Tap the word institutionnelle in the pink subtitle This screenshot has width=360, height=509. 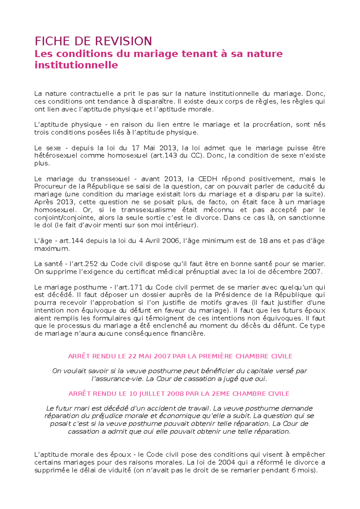tap(76, 65)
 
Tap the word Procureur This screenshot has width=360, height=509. tap(49, 187)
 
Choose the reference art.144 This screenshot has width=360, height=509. tap(72, 241)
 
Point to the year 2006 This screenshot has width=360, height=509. tap(169, 241)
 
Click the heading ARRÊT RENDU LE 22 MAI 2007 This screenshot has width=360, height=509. tap(180, 356)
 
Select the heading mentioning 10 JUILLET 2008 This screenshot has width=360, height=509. tap(179, 394)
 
